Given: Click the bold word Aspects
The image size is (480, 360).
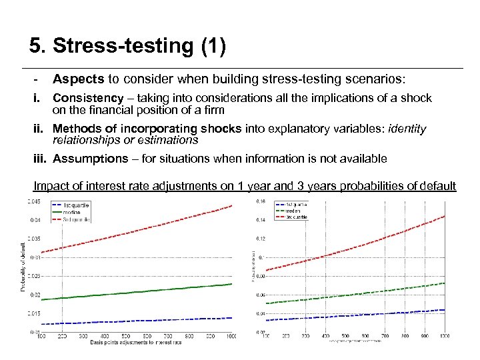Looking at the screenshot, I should click(78, 79).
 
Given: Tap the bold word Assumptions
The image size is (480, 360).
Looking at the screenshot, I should click(90, 159).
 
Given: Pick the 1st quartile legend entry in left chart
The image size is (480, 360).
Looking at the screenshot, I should click(74, 204).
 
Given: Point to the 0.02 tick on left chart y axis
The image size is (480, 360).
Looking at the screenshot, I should click(34, 295).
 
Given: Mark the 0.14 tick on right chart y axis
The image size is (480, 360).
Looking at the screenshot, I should click(260, 220).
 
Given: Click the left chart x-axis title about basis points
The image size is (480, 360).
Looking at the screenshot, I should click(137, 342).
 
